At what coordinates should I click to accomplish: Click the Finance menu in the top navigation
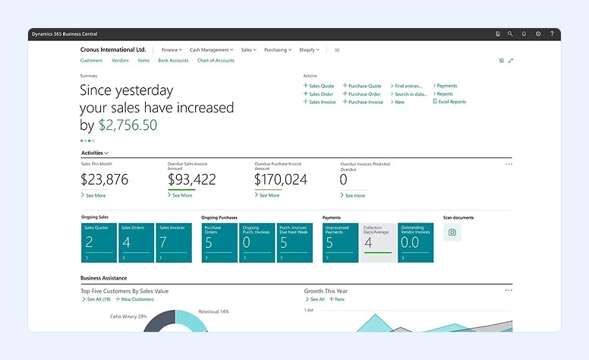pyautogui.click(x=171, y=49)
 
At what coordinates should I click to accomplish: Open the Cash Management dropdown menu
pyautogui.click(x=211, y=49)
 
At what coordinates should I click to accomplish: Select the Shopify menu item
pyautogui.click(x=308, y=49)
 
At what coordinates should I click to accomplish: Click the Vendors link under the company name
pyautogui.click(x=120, y=60)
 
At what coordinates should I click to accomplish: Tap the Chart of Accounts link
pyautogui.click(x=216, y=60)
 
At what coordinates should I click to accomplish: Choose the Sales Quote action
pyautogui.click(x=321, y=86)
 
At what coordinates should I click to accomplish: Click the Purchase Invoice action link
pyautogui.click(x=365, y=102)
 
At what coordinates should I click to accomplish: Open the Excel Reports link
pyautogui.click(x=452, y=102)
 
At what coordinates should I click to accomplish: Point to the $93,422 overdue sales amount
pyautogui.click(x=191, y=179)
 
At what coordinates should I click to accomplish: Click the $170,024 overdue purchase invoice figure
pyautogui.click(x=280, y=179)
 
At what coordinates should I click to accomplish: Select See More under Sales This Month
pyautogui.click(x=95, y=195)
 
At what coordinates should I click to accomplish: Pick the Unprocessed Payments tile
pyautogui.click(x=339, y=242)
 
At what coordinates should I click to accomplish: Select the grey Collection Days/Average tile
pyautogui.click(x=377, y=242)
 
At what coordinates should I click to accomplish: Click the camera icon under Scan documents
pyautogui.click(x=452, y=232)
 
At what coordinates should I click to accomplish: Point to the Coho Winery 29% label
pyautogui.click(x=128, y=316)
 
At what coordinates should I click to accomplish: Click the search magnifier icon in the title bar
pyautogui.click(x=510, y=34)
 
